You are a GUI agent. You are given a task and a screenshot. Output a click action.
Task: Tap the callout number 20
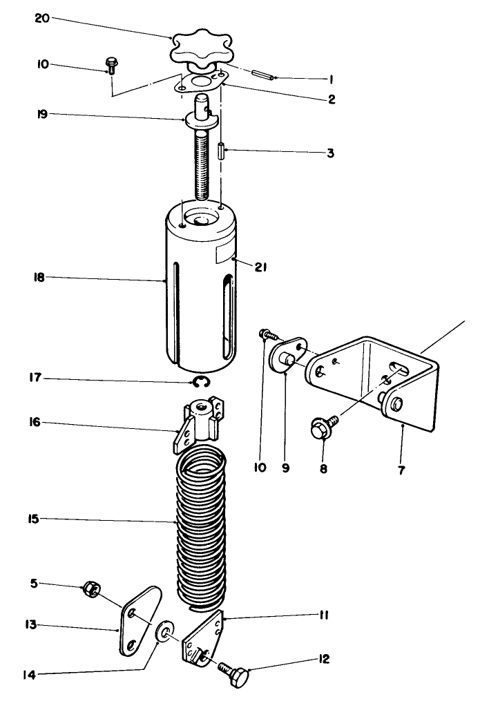click(41, 19)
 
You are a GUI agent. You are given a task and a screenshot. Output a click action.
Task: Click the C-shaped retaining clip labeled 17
click(201, 381)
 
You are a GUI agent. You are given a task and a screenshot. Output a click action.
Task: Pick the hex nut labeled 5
click(90, 589)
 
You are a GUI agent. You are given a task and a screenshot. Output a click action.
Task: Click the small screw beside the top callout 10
click(111, 66)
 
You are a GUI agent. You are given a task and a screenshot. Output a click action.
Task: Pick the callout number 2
click(332, 99)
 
